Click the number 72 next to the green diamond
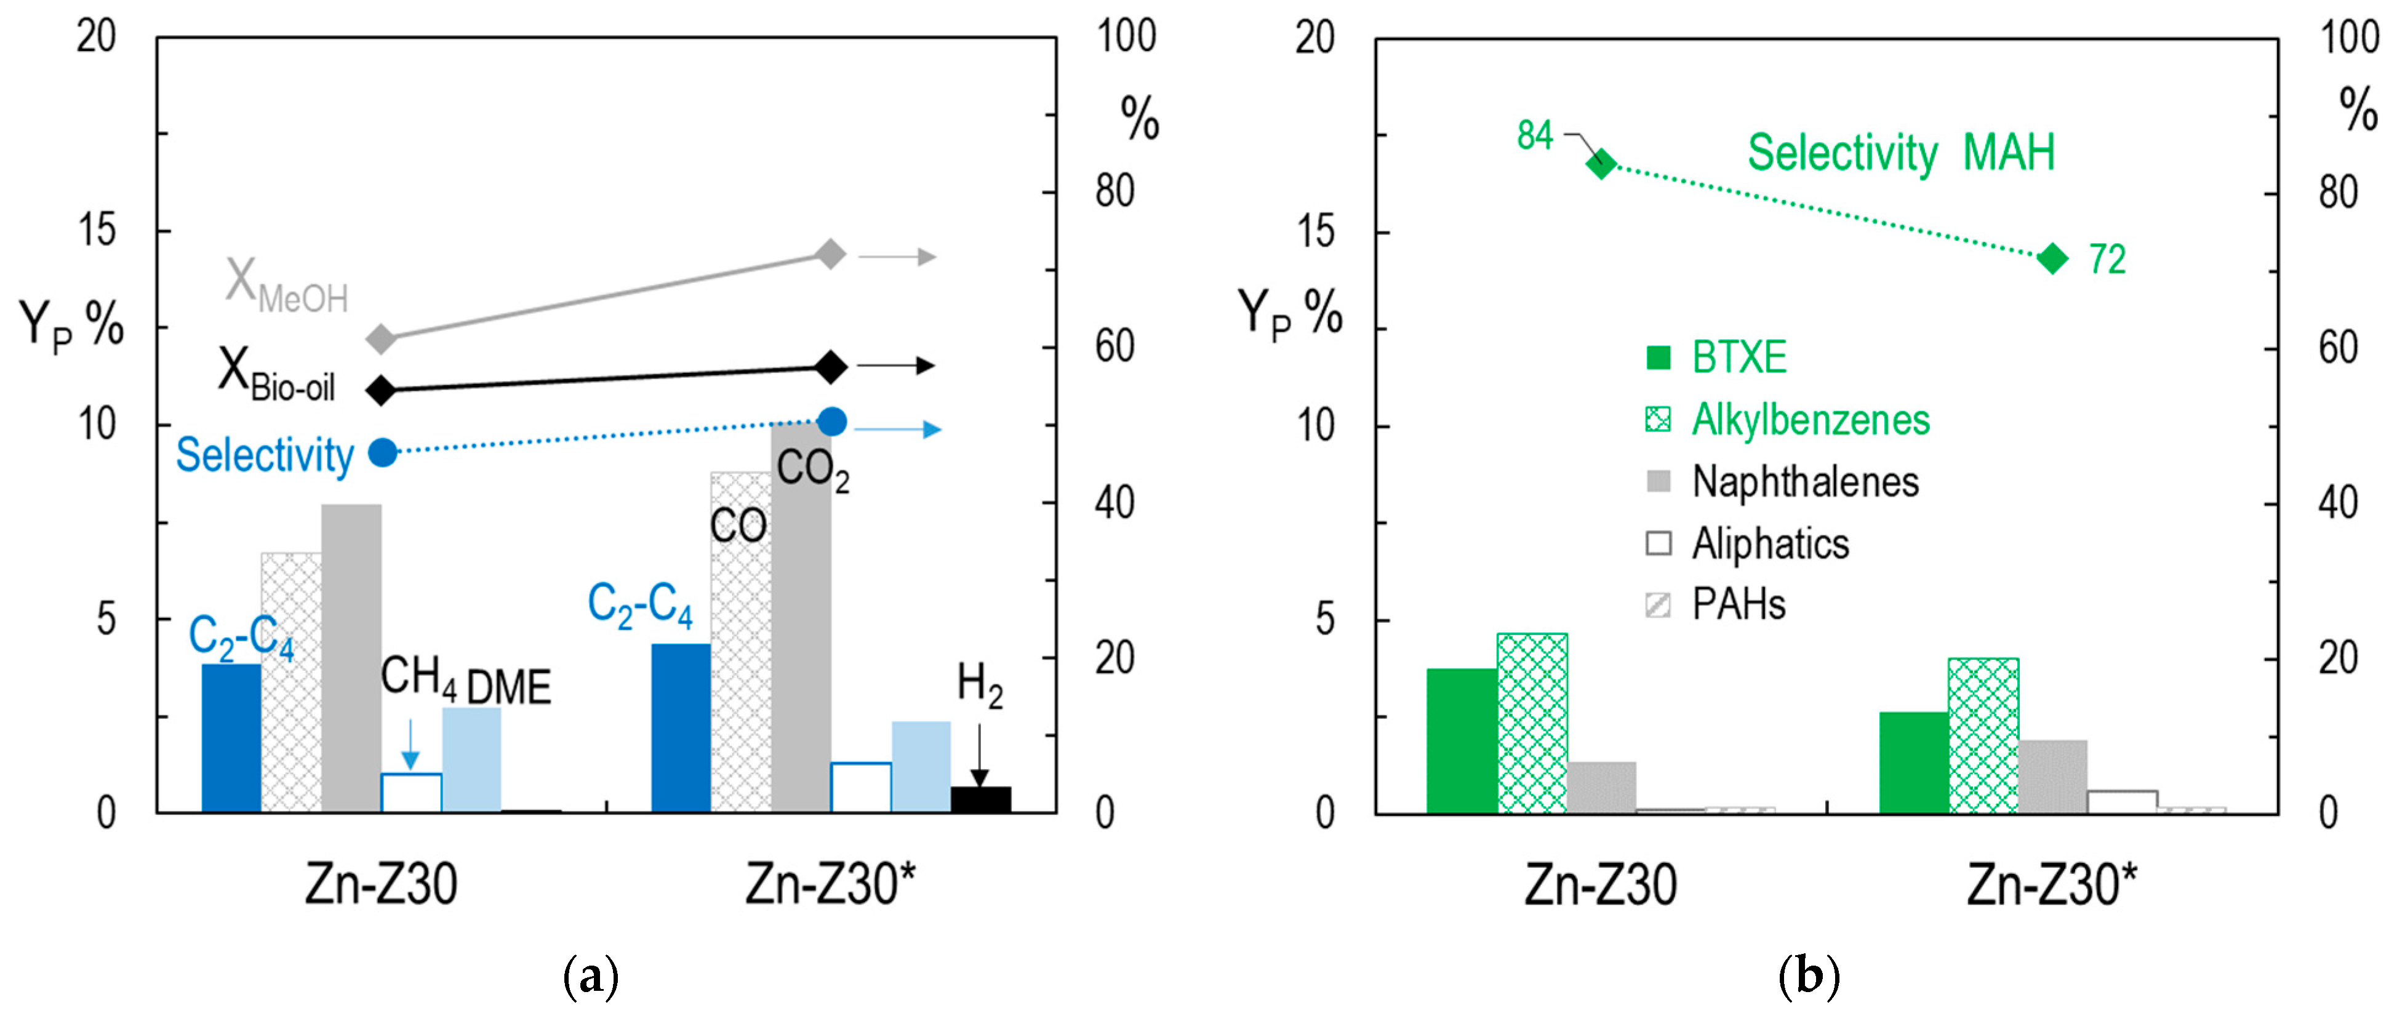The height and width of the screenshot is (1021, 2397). pyautogui.click(x=2108, y=260)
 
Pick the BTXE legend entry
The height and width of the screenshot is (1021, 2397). pyautogui.click(x=1717, y=358)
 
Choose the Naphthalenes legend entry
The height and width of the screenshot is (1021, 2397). pyautogui.click(x=1782, y=481)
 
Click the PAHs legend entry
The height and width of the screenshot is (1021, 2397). pyautogui.click(x=1717, y=605)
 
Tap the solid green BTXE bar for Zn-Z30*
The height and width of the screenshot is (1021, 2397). pyautogui.click(x=1913, y=763)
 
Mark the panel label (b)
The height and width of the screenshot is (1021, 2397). pyautogui.click(x=1808, y=977)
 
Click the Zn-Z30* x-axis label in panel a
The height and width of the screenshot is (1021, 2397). pyautogui.click(x=830, y=884)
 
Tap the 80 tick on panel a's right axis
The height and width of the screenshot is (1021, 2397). pyautogui.click(x=1114, y=192)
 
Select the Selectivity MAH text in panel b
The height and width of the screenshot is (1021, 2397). pyautogui.click(x=1900, y=153)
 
